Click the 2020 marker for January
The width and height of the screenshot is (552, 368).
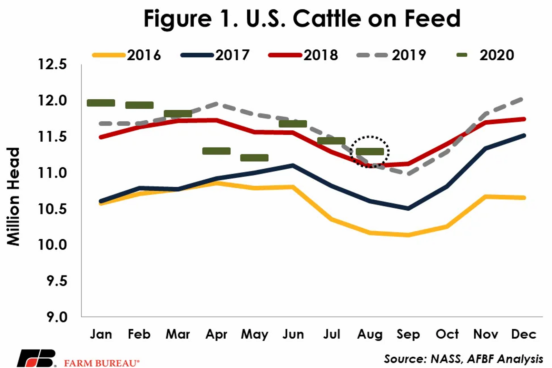point(101,103)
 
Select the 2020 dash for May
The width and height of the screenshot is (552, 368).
point(254,158)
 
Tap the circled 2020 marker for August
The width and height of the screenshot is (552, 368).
point(370,151)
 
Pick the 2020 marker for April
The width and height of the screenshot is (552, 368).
point(216,151)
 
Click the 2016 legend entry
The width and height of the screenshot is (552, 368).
point(126,55)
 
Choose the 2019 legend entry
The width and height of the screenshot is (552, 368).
point(391,55)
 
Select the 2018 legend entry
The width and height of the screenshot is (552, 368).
point(303,55)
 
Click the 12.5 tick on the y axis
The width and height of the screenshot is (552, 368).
point(52,64)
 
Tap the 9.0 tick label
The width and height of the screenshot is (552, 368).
point(57,317)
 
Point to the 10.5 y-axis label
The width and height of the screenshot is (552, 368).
point(52,209)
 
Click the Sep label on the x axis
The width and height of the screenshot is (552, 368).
point(408,334)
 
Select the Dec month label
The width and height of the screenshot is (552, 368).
point(523,334)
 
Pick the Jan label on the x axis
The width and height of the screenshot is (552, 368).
point(101,334)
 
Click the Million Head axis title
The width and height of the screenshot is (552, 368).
point(13,197)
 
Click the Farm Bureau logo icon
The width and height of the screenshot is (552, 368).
point(36,359)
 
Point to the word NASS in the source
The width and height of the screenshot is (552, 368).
point(446,359)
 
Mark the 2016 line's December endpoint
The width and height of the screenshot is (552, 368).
point(524,198)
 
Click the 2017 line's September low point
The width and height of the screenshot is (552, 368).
point(408,208)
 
